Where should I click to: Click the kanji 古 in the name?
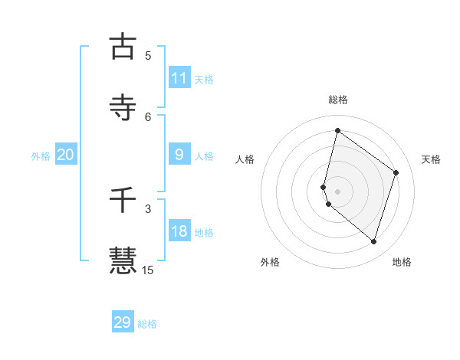coord(123,47)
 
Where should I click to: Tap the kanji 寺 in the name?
coord(123,107)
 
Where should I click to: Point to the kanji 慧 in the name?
coord(123,260)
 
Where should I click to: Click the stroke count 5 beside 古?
coord(148,55)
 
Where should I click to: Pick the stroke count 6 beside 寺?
coord(148,116)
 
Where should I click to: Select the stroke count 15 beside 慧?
coord(148,270)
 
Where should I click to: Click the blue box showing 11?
coord(179,78)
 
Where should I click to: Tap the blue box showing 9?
coord(179,155)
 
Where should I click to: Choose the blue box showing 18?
coord(179,231)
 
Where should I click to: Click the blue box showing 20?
coord(66,155)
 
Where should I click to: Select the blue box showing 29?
coord(123,322)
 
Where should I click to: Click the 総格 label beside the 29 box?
coord(147,324)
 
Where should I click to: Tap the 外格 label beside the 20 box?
coord(41,156)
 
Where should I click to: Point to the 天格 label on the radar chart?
coord(431,159)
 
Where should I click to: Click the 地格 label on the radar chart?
coord(402,262)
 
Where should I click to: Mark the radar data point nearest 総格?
coord(337,131)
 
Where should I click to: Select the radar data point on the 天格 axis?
coord(396,172)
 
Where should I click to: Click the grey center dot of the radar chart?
coord(337,191)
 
